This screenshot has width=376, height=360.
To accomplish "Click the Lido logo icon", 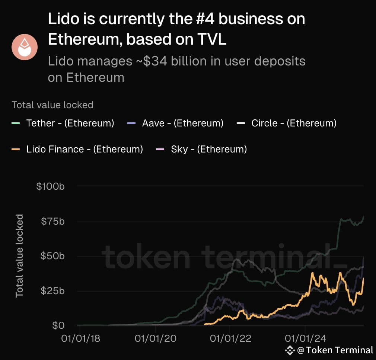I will pos(24,46).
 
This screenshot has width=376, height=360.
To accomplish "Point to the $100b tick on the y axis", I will pos(51,186).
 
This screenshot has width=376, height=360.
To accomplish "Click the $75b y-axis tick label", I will pos(52,221).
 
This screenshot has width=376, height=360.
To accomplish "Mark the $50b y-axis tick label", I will pos(52,256).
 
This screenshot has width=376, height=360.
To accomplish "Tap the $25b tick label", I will pos(52,290).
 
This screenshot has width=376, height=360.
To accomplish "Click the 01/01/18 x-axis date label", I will pos(80,339).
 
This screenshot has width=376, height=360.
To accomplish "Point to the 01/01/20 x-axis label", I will pos(155,339).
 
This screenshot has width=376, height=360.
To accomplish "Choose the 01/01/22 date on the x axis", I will pos(230,339).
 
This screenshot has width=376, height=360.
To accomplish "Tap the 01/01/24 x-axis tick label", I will pos(305,339).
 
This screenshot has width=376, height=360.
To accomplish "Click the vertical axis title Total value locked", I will pos(19,256).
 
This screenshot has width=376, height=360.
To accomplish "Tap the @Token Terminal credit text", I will pos(335,350).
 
